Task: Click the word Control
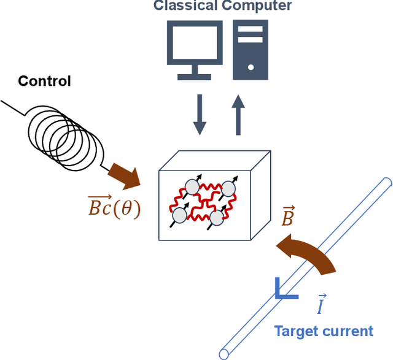click(x=44, y=81)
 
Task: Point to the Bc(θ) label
click(x=114, y=209)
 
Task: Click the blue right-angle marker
click(x=284, y=290)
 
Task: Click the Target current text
click(x=323, y=331)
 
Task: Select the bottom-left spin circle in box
click(x=179, y=214)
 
